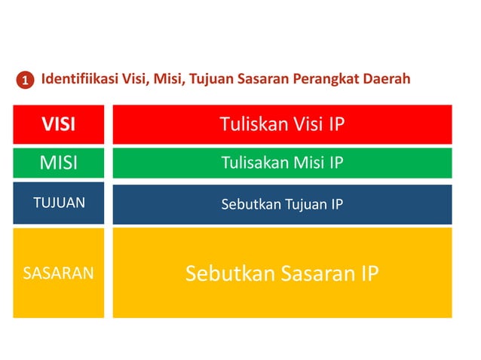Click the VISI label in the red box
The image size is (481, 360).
pos(58,124)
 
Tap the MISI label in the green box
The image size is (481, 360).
pos(58,163)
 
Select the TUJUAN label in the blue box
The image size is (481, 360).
pos(58,203)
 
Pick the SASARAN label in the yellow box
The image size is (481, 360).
pos(58,273)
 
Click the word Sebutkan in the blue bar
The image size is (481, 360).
pos(250,203)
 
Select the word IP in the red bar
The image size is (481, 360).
pos(336,124)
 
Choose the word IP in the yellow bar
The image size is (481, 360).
pos(367,273)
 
